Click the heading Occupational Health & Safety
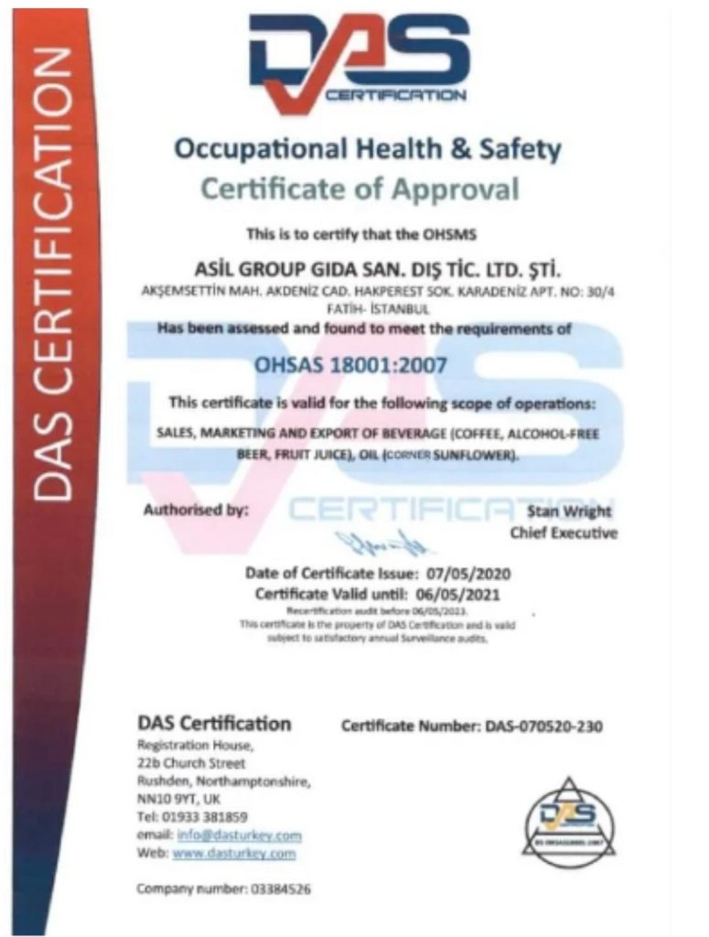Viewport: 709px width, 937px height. (367, 149)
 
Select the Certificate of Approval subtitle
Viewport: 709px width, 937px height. (360, 189)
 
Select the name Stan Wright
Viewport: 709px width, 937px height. (569, 511)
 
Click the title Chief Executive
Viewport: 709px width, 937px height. (564, 533)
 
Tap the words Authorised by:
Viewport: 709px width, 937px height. (195, 511)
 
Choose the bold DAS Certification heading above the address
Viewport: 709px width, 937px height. (213, 724)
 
